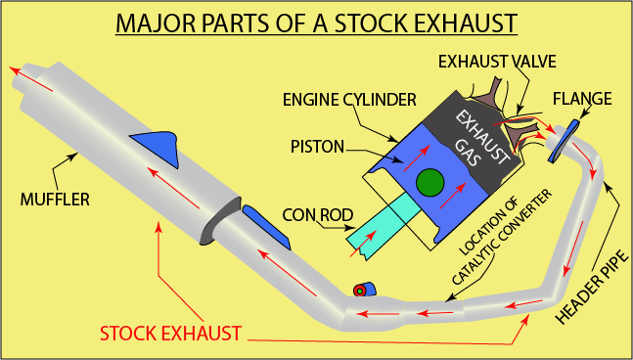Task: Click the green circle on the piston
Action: pos(429,182)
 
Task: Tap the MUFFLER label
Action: pos(54,200)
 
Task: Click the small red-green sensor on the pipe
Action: pos(361,291)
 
